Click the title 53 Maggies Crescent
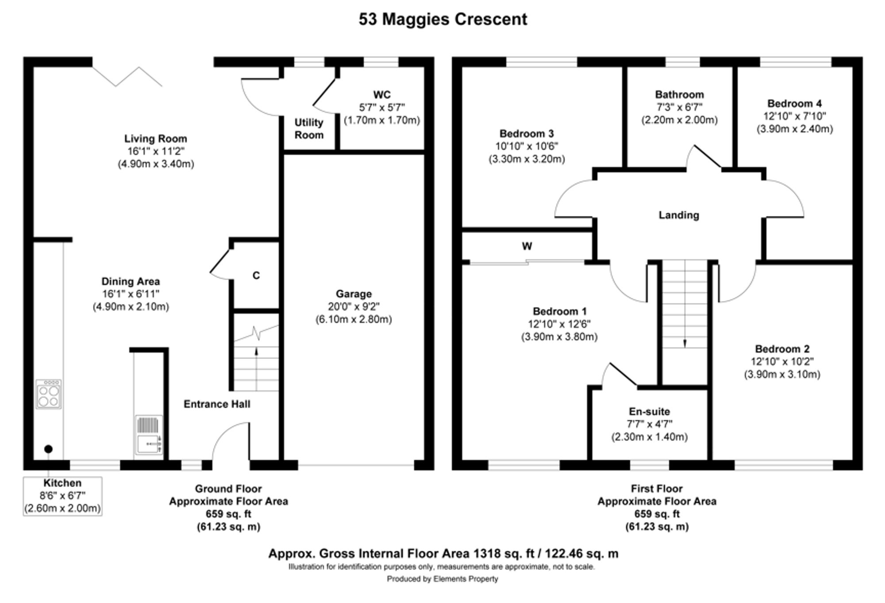point(442,19)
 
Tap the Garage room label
point(354,294)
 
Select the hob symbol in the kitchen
point(49,394)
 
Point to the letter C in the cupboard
point(256,276)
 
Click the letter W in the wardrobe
point(527,246)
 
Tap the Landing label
point(679,215)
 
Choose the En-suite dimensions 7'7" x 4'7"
point(649,424)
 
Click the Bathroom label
point(679,95)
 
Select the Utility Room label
point(309,129)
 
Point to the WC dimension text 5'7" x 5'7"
point(381,108)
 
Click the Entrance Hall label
point(217,404)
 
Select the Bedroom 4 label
point(794,104)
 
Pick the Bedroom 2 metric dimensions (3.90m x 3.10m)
point(782,374)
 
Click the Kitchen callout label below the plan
point(62,483)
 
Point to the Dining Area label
point(131,281)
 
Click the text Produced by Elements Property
point(442,579)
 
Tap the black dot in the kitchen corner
point(49,449)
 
